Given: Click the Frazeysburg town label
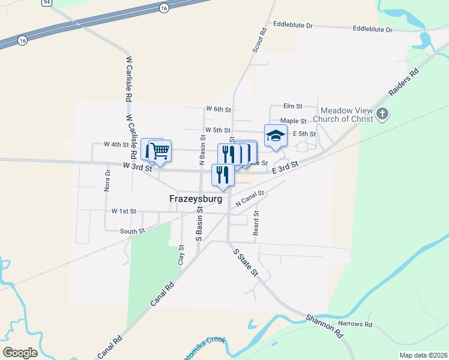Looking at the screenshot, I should click(196, 199).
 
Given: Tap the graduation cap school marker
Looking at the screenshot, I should click(276, 135).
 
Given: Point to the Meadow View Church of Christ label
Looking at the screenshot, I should click(347, 115).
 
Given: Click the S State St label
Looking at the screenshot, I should click(245, 262).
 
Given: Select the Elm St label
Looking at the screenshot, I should click(292, 106).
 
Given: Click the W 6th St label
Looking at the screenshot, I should click(218, 109).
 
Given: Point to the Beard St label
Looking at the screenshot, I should click(256, 223).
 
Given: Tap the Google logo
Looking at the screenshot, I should click(20, 352).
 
